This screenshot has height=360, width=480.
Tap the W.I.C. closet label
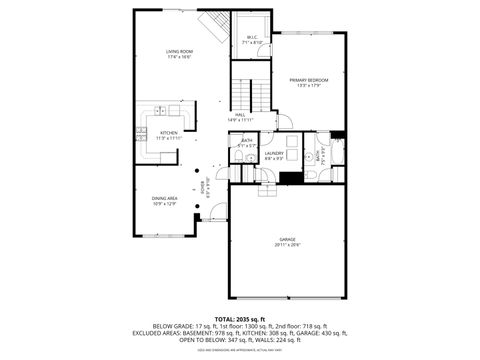click(252, 38)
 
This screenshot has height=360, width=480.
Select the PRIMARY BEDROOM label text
click(309, 80)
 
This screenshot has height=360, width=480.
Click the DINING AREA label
click(165, 198)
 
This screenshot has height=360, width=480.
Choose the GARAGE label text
click(288, 242)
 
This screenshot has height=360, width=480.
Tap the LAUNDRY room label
click(275, 153)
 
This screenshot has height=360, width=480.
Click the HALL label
click(241, 115)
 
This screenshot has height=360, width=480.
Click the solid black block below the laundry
click(292, 178)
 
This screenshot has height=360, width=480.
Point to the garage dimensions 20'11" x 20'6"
click(288, 248)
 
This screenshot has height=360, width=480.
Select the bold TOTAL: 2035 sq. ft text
click(240, 318)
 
